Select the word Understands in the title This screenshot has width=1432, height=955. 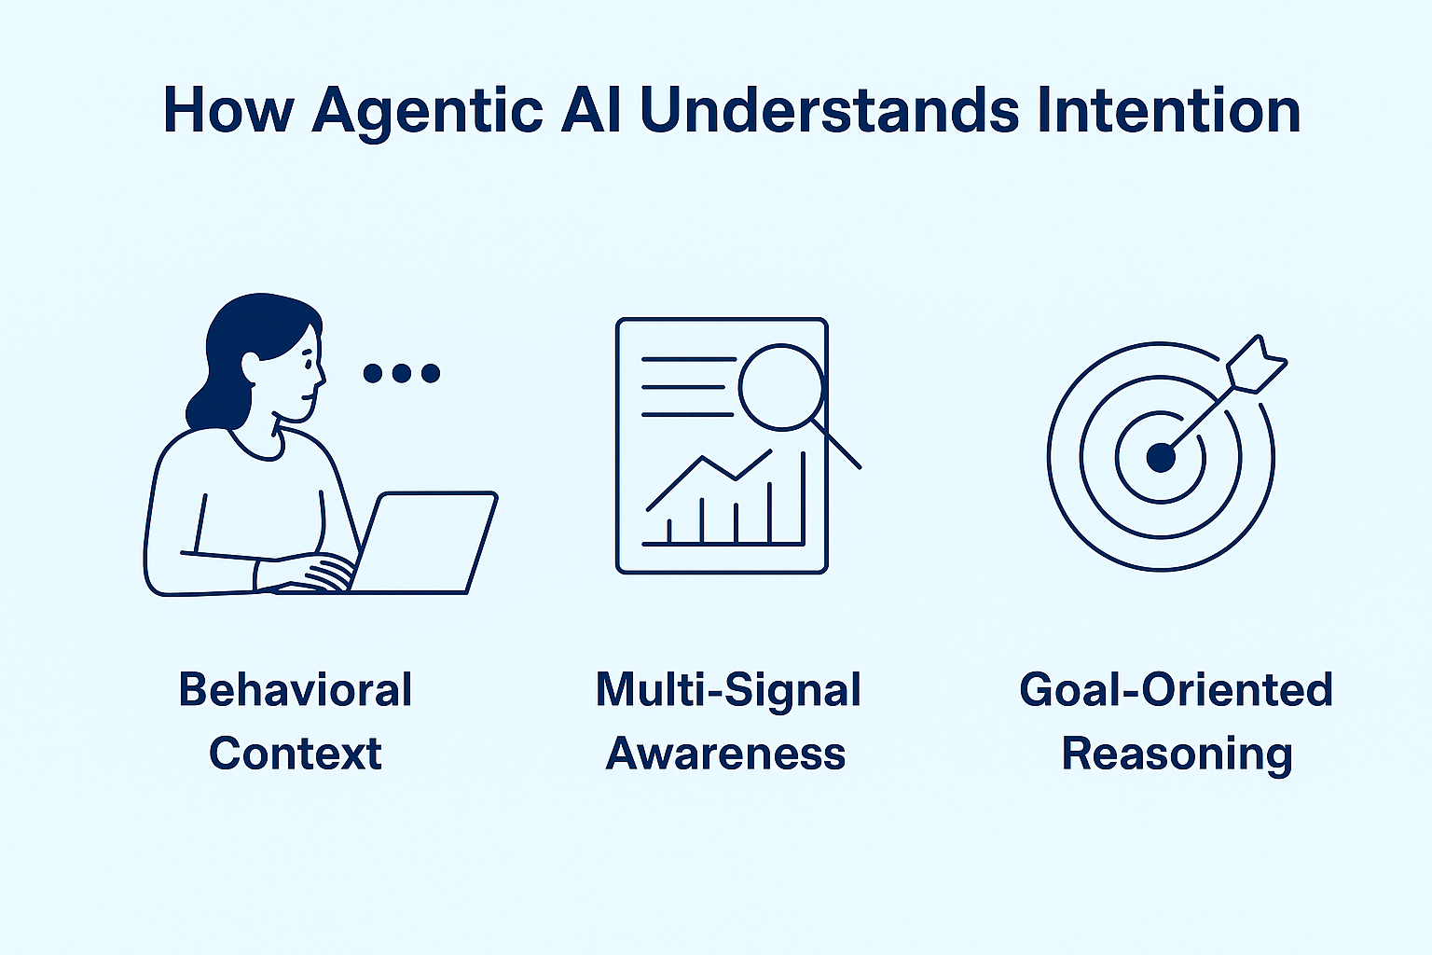(830, 110)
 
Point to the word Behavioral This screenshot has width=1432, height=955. (296, 690)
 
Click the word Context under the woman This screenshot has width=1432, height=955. (296, 754)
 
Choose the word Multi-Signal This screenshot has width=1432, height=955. (728, 690)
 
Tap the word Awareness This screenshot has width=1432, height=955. (725, 754)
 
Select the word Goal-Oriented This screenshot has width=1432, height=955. (1176, 690)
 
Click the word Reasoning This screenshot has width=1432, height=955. (1177, 754)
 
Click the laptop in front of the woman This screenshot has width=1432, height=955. (424, 541)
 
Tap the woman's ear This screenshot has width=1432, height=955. (251, 367)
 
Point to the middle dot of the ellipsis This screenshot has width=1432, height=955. (402, 373)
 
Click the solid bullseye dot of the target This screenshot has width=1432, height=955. (1161, 457)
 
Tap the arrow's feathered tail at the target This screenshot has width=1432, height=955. (1256, 365)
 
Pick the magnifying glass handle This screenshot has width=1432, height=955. (838, 446)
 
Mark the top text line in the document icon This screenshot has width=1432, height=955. (689, 359)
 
